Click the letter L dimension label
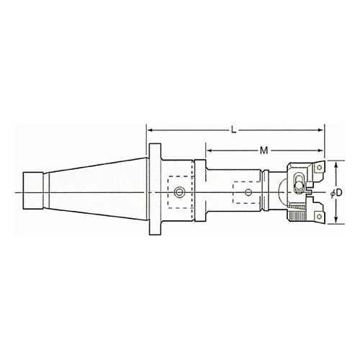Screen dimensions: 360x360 tap(233, 130)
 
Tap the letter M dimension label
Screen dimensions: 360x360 tap(264, 150)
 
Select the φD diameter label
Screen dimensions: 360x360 tap(336, 193)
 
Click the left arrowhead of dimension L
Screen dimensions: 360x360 tap(150, 130)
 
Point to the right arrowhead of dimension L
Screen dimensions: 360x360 tap(320, 130)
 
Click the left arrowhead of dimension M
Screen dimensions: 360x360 tap(210, 150)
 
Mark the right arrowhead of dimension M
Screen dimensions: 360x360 tap(320, 150)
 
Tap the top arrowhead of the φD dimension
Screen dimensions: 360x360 tap(336, 165)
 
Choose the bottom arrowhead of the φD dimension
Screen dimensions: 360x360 tap(336, 220)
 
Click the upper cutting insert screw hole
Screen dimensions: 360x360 tap(319, 167)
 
